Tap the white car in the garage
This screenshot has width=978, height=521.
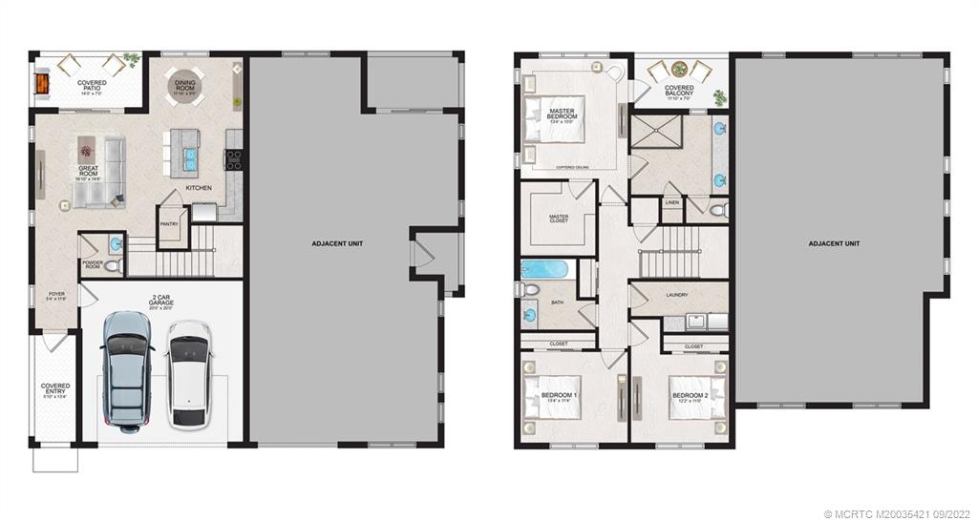point(188,373)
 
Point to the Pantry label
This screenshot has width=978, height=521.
point(170,225)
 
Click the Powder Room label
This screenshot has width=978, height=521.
point(93,264)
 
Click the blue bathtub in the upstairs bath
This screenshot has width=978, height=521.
point(544,269)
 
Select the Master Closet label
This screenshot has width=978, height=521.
point(559,219)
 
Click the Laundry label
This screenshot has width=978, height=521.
point(676,296)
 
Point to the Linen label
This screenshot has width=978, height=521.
point(672,203)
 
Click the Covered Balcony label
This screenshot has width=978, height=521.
point(680,91)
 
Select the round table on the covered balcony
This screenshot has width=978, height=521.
point(680,69)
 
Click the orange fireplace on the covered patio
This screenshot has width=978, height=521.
point(41,84)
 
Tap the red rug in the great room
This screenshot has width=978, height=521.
point(86,148)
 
